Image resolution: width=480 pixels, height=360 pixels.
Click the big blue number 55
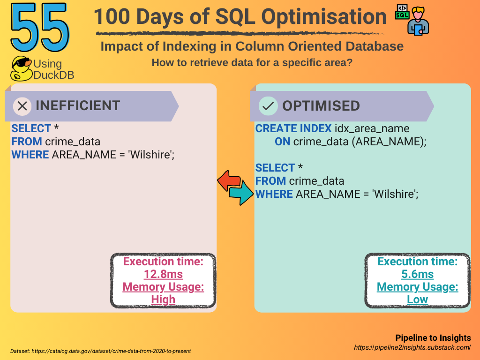pyautogui.click(x=40, y=28)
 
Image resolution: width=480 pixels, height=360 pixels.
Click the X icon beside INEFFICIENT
pyautogui.click(x=22, y=106)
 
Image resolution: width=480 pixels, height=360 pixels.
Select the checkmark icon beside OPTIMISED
pyautogui.click(x=268, y=106)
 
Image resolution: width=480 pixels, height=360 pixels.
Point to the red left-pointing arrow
pyautogui.click(x=229, y=180)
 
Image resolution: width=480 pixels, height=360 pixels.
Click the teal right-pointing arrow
pyautogui.click(x=241, y=193)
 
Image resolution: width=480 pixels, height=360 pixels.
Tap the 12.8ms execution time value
pyautogui.click(x=163, y=274)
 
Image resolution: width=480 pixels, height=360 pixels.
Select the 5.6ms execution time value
pyautogui.click(x=418, y=274)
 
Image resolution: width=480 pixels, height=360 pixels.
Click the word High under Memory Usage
pyautogui.click(x=163, y=300)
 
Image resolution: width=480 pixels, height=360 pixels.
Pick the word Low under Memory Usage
pyautogui.click(x=418, y=300)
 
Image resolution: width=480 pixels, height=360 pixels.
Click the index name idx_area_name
pyautogui.click(x=372, y=128)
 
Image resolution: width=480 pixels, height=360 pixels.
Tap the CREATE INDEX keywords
pyautogui.click(x=293, y=128)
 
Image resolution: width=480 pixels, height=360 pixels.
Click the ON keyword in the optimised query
pyautogui.click(x=282, y=142)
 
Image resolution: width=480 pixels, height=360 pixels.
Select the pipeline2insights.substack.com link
pyautogui.click(x=412, y=347)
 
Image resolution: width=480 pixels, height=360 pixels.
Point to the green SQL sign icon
pyautogui.click(x=402, y=12)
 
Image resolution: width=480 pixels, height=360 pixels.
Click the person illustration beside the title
pyautogui.click(x=418, y=21)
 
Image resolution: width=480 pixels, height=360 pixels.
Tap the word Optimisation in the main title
pyautogui.click(x=324, y=17)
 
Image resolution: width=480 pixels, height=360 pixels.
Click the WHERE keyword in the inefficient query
pyautogui.click(x=30, y=155)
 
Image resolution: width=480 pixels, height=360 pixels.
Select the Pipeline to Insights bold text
pyautogui.click(x=433, y=337)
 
